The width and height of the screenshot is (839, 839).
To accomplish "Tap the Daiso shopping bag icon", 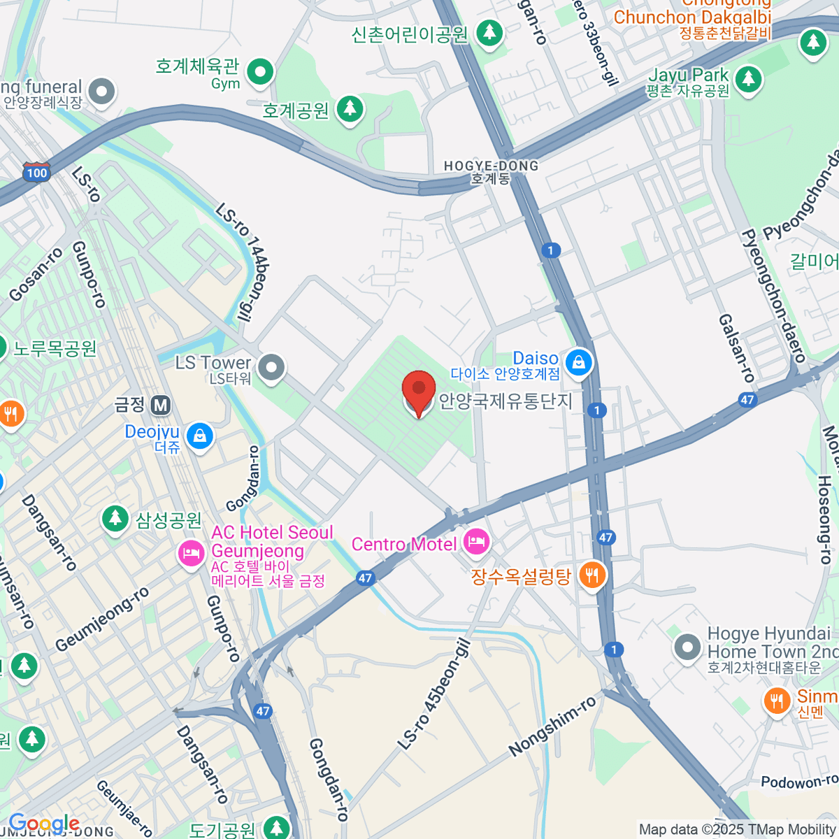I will pos(578,362).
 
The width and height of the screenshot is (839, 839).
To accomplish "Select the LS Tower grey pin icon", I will pos(271,366).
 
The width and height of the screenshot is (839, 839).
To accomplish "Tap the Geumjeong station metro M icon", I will pos(162,405).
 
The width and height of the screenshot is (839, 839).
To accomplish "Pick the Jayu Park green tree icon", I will pos(748,78).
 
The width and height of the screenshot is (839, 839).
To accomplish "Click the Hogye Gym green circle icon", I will pos(260,71).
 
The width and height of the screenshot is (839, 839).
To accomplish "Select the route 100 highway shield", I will pos(36,172).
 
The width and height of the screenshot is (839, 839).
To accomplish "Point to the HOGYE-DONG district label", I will pos(492,166).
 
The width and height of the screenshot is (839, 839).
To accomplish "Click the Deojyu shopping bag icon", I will pos(200,436).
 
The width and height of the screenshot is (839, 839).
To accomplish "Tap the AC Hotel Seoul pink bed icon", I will pos(190,554).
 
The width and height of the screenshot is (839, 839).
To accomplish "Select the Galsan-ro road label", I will pos(736,347).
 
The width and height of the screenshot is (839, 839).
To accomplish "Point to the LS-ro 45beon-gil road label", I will pos(433,694).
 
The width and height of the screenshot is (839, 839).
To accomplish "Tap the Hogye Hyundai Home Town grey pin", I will pos(687,647).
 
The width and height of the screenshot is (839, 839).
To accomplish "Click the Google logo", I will pos(43,824).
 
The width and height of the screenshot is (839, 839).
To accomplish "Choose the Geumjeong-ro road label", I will pos(102,619).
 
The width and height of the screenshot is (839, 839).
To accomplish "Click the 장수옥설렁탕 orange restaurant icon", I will pos(592,575).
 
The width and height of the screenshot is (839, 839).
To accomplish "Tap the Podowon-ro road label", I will pos(798,781).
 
